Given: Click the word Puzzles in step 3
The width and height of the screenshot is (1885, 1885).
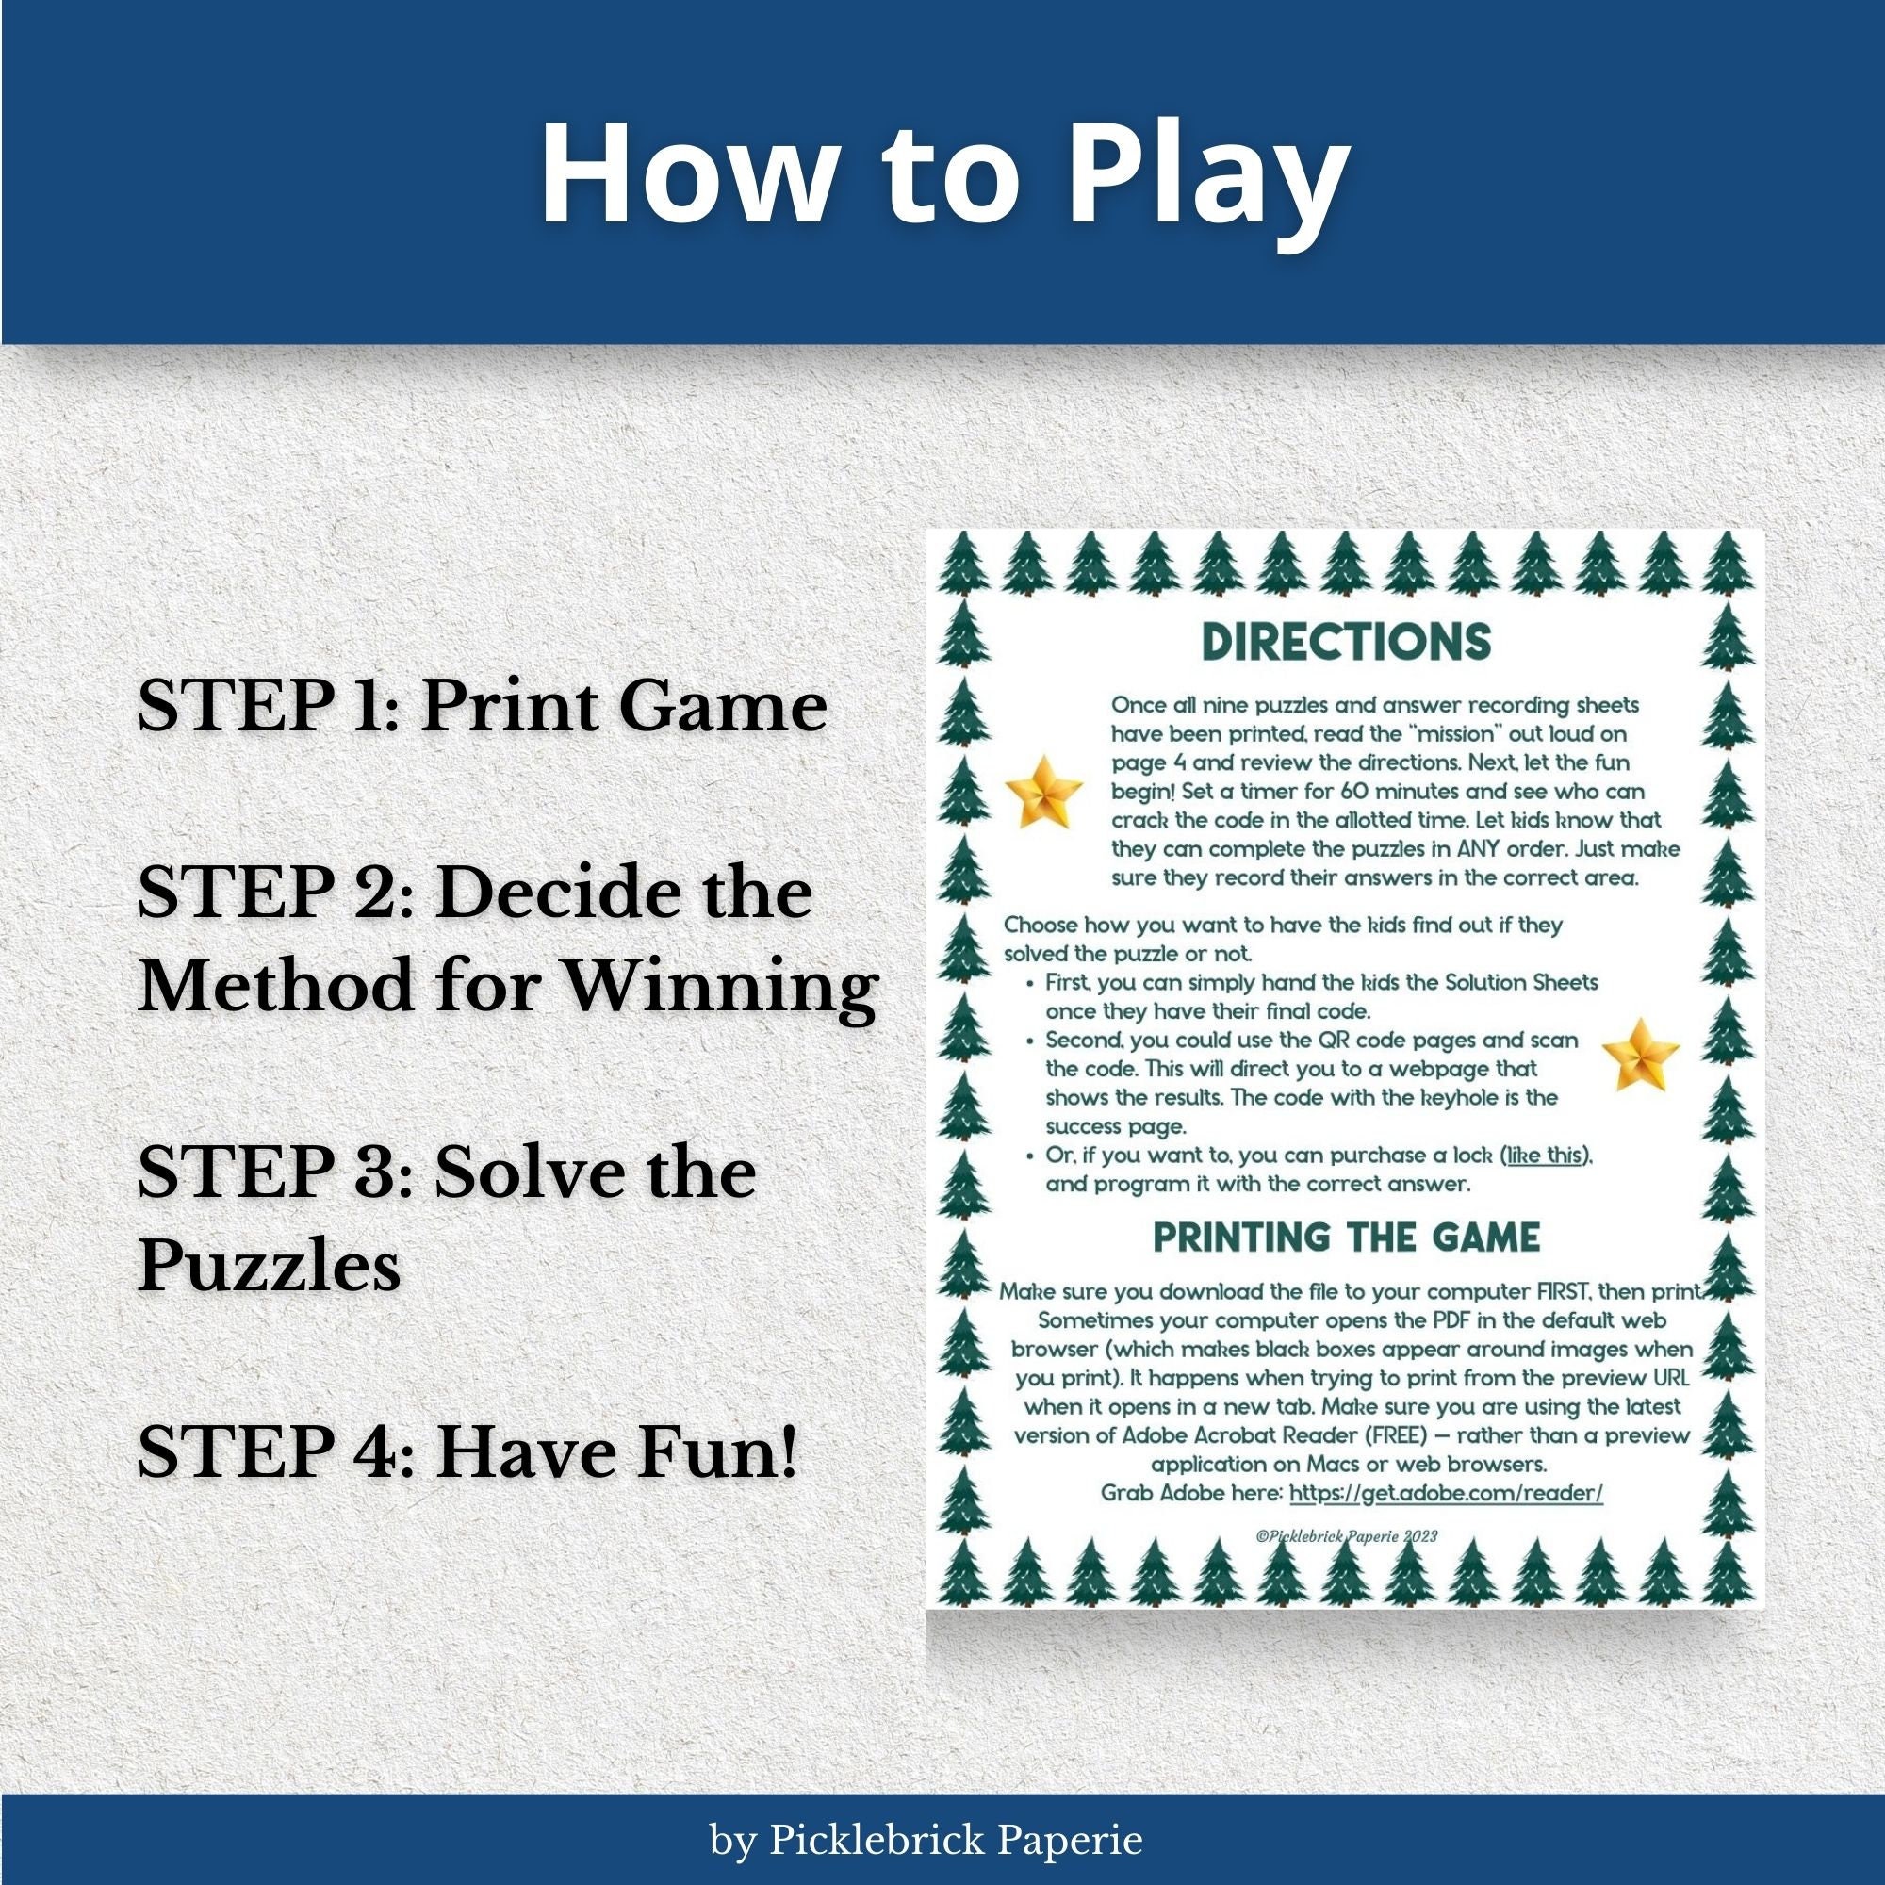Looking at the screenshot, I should point(270,1267).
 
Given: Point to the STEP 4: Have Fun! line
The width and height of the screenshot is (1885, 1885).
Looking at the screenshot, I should point(467,1451).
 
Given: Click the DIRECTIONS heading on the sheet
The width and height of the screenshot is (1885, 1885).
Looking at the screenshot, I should point(1347,641).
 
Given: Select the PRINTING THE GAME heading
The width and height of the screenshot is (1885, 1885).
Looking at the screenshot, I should point(1347,1238).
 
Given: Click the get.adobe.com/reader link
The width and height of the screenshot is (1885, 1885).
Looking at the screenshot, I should point(1446,1493).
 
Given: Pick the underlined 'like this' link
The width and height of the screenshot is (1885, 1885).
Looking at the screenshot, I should point(1544,1156).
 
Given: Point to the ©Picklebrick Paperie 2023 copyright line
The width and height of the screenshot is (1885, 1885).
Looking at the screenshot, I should point(1347,1535).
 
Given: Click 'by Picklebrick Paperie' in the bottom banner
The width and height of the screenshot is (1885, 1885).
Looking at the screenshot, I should point(926,1840).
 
